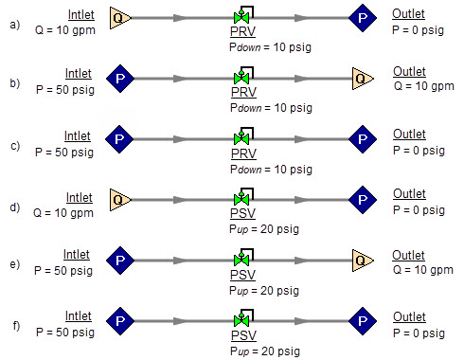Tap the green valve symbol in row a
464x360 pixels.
pyautogui.click(x=241, y=18)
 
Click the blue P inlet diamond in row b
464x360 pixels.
pyautogui.click(x=119, y=78)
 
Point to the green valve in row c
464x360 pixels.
pyautogui.click(x=241, y=139)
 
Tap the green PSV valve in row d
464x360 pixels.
pyautogui.click(x=241, y=200)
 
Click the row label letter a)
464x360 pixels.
pyautogui.click(x=15, y=24)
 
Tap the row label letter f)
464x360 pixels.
pyautogui.click(x=15, y=327)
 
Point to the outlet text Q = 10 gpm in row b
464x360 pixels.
pyautogui.click(x=422, y=86)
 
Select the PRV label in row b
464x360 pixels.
pyautogui.click(x=242, y=93)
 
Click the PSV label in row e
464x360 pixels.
pyautogui.click(x=242, y=275)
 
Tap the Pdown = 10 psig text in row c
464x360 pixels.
pyautogui.click(x=264, y=168)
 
